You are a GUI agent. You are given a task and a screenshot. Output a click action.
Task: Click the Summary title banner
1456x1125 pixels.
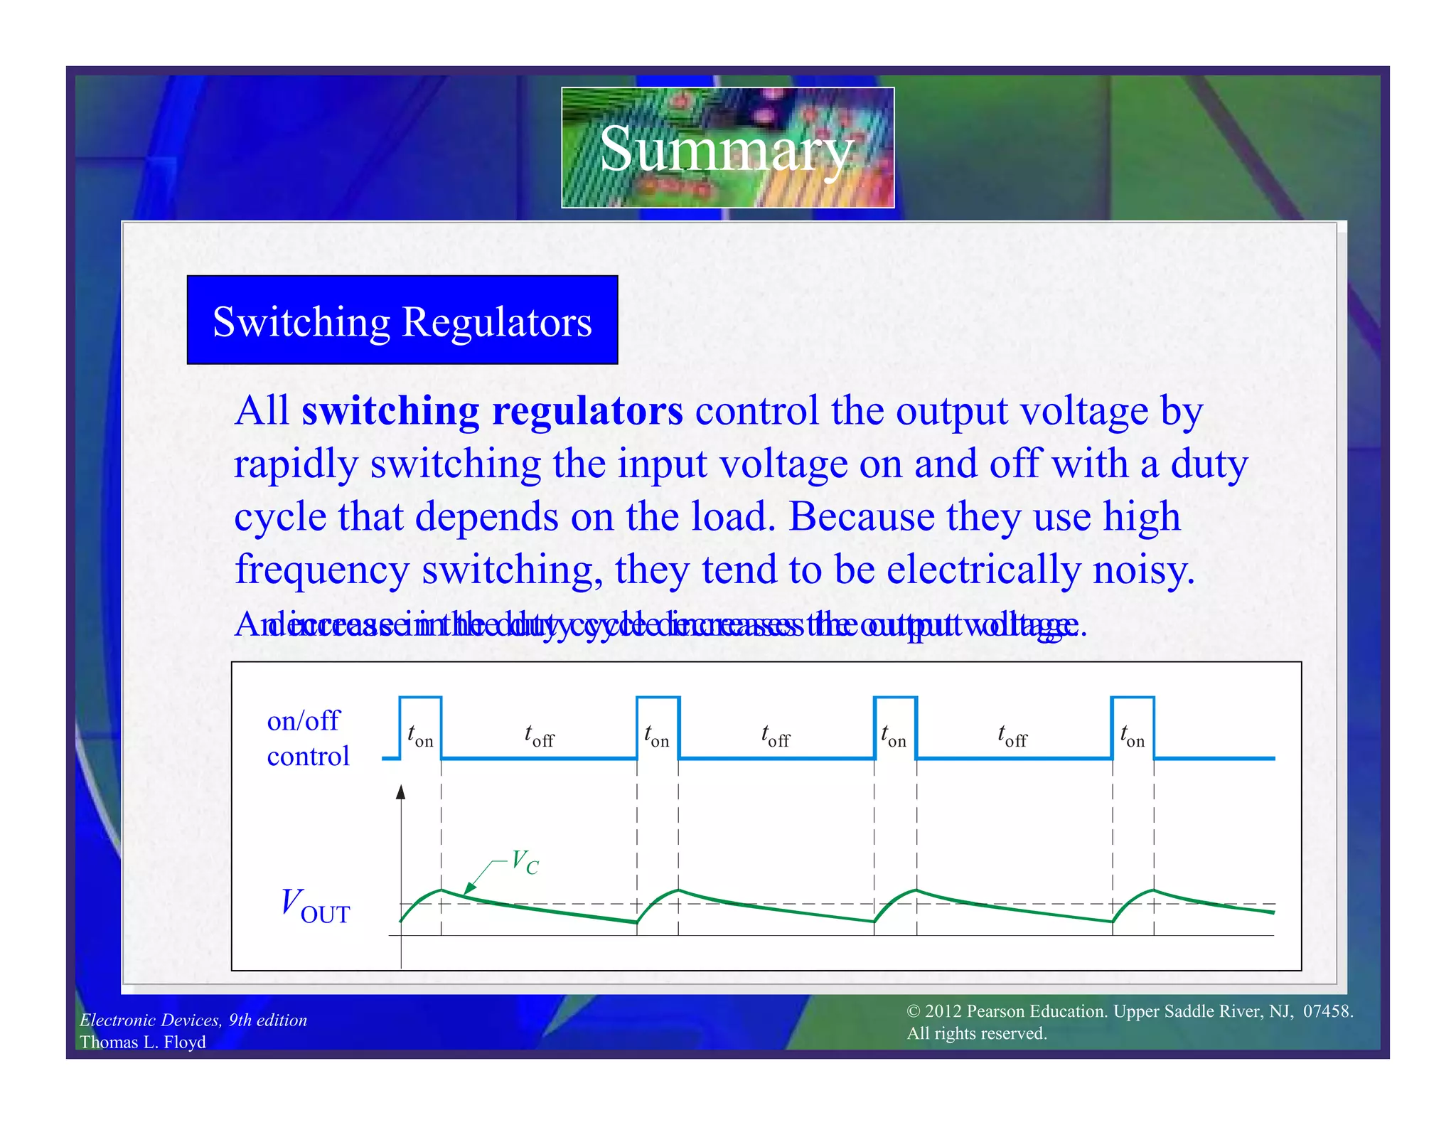pyautogui.click(x=727, y=147)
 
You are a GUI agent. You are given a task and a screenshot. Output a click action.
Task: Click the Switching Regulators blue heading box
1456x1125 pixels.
pyautogui.click(x=402, y=321)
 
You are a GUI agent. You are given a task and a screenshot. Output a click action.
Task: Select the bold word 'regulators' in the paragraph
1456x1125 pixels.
pyautogui.click(x=587, y=411)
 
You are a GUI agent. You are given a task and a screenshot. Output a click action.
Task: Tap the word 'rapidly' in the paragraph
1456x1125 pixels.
pyautogui.click(x=296, y=465)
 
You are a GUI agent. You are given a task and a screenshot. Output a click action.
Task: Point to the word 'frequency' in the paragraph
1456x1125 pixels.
pyautogui.click(x=322, y=570)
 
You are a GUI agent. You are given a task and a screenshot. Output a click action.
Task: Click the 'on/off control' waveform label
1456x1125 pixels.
pyautogui.click(x=308, y=738)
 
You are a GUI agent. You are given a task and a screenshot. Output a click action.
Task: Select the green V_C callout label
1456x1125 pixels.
pyautogui.click(x=525, y=862)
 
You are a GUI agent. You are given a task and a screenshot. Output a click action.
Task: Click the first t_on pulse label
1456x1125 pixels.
pyautogui.click(x=420, y=736)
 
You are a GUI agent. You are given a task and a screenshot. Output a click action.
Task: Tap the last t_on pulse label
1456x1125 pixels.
pyautogui.click(x=1133, y=736)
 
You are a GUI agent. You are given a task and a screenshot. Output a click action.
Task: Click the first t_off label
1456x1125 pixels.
pyautogui.click(x=539, y=736)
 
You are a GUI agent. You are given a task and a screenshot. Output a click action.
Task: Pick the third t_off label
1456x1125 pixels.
pyautogui.click(x=1012, y=736)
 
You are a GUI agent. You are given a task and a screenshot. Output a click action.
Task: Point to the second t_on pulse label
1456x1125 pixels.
pyautogui.click(x=657, y=736)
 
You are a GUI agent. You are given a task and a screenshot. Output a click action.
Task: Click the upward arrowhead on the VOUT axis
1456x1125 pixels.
pyautogui.click(x=401, y=792)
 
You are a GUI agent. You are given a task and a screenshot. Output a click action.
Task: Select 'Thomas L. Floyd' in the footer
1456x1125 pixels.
pyautogui.click(x=143, y=1042)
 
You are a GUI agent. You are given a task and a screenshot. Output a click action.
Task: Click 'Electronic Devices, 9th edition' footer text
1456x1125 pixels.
pyautogui.click(x=193, y=1020)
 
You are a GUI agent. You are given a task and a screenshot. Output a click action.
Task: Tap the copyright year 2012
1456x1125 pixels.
pyautogui.click(x=943, y=1011)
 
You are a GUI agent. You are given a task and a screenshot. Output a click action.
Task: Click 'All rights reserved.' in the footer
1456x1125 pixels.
pyautogui.click(x=977, y=1033)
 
